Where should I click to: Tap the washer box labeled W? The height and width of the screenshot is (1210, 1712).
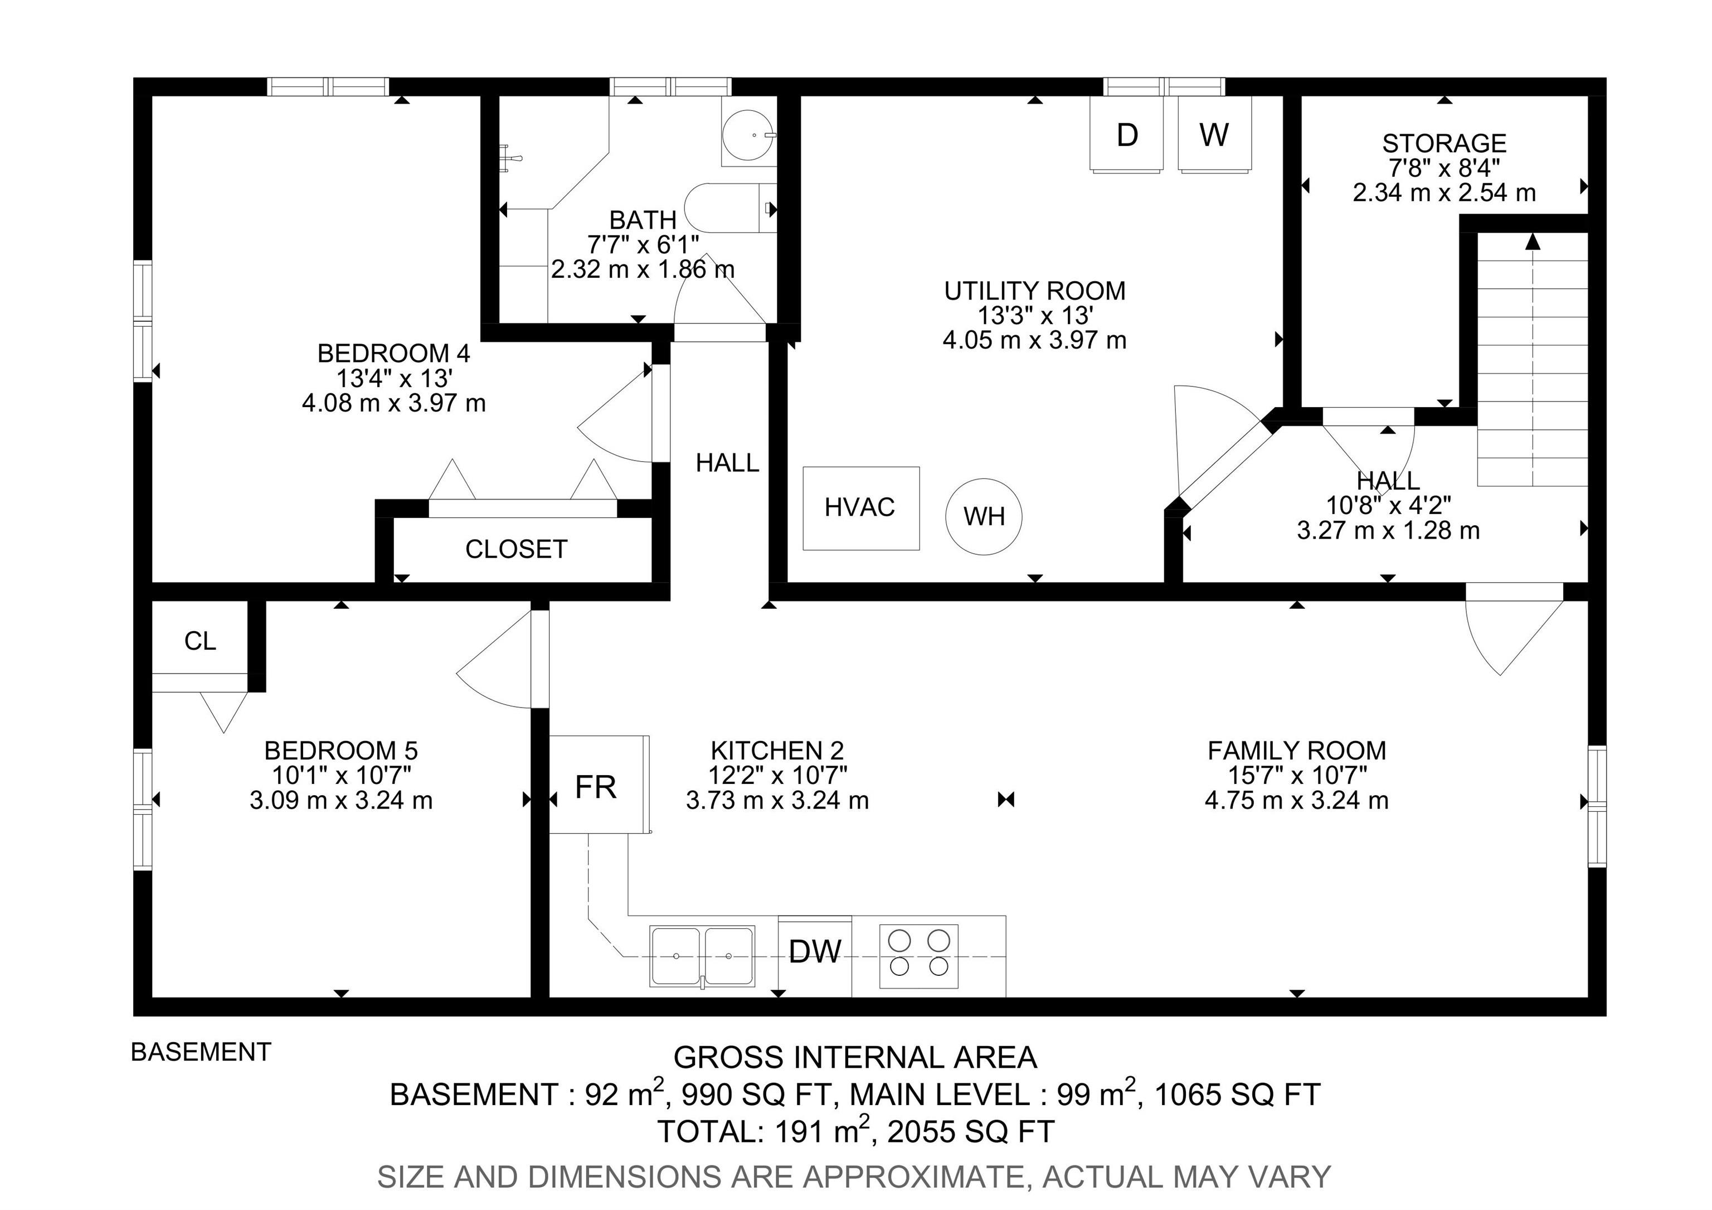pos(1214,135)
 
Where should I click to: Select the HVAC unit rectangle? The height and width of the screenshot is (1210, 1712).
pos(860,508)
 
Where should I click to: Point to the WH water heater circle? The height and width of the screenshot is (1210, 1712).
pos(984,516)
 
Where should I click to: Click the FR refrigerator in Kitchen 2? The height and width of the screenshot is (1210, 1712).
pos(596,786)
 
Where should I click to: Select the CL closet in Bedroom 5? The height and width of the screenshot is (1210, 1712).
pos(200,640)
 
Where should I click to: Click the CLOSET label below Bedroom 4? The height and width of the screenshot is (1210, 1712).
pos(516,549)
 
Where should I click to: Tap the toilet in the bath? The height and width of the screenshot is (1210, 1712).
pos(727,207)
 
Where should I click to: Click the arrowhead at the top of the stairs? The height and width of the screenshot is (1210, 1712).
pos(1533,241)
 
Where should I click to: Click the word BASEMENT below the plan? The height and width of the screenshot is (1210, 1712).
pos(201,1052)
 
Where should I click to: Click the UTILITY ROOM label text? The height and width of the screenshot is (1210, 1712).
pos(1034,290)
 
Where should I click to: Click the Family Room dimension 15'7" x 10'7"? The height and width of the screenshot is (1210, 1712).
pos(1297,775)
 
